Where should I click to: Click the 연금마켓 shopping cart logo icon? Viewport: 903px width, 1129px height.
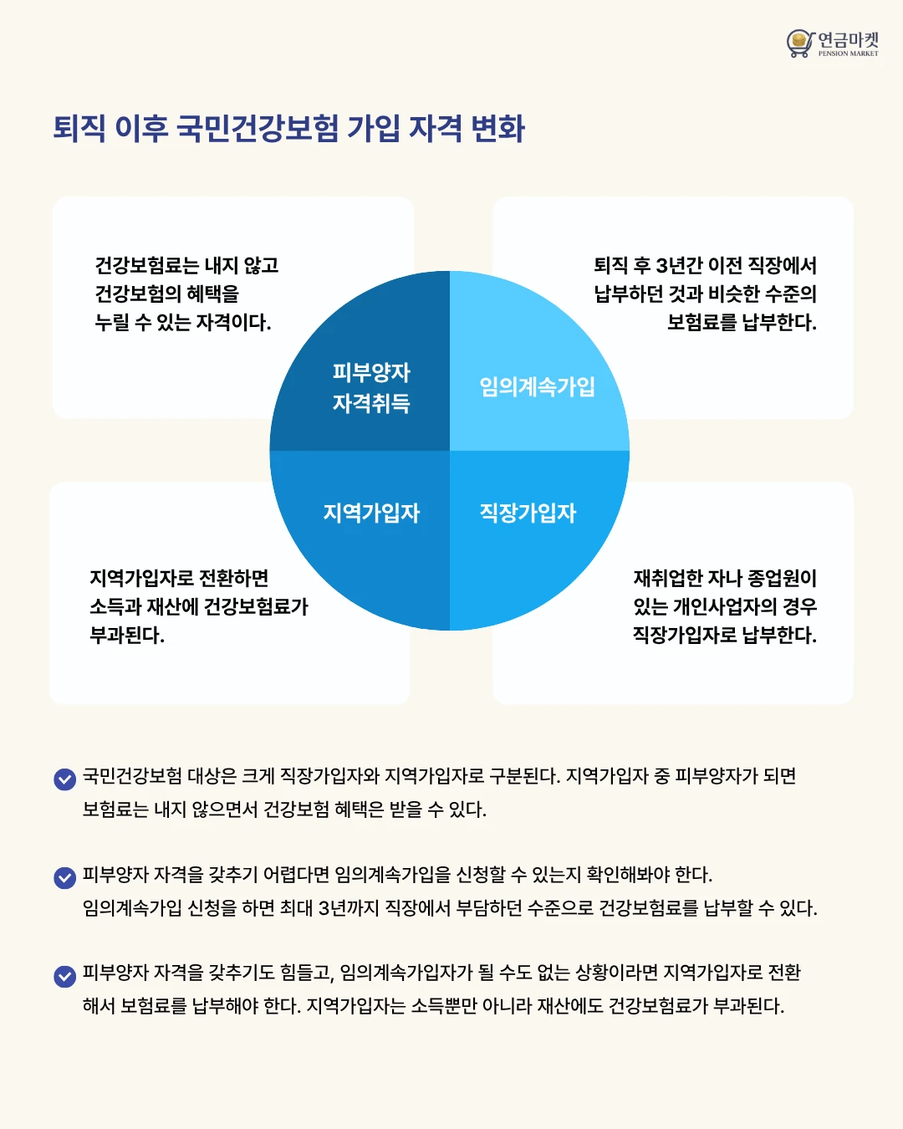(799, 43)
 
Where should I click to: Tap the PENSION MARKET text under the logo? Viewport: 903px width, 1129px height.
(848, 54)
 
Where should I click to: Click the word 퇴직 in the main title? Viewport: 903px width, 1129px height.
(79, 128)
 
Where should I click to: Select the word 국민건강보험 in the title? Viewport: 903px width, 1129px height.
(258, 128)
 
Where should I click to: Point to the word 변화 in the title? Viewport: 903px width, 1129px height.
(498, 128)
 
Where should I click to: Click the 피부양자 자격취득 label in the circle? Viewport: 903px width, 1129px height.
(371, 388)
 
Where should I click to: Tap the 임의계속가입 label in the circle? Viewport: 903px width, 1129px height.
(538, 386)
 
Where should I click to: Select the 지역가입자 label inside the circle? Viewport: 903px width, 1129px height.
(371, 513)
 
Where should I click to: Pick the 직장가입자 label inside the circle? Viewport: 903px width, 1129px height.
(528, 513)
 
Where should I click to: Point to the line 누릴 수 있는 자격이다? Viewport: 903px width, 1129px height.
(183, 322)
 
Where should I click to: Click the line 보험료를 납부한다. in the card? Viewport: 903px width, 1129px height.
(742, 322)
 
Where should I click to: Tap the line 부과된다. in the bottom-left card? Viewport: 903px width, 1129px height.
(127, 635)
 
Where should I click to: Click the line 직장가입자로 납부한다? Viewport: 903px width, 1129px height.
(725, 635)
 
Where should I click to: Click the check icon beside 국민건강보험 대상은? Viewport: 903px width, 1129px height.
(65, 779)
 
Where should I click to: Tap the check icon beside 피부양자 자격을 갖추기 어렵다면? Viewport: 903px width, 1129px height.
(65, 878)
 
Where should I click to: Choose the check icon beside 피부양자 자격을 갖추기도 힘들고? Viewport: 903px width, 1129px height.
(65, 976)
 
